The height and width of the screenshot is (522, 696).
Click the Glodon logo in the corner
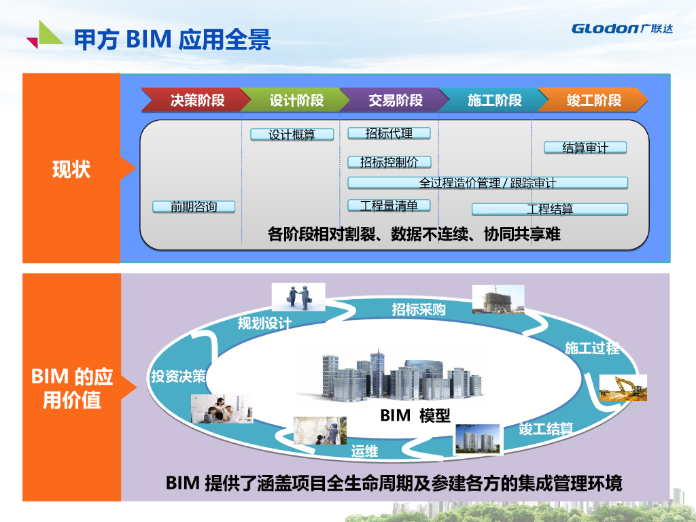[622, 29]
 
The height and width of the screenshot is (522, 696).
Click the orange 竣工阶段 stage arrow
[593, 101]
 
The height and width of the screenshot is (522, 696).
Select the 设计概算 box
[292, 135]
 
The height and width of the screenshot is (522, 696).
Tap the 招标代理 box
[389, 133]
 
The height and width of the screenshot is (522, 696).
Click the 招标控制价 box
[389, 162]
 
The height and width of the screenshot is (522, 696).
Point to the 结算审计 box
[585, 147]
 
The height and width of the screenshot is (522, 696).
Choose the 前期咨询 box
[194, 207]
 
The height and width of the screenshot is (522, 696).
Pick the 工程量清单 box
[389, 205]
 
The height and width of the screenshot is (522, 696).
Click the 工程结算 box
[550, 209]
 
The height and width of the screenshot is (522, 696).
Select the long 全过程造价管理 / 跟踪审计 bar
[487, 182]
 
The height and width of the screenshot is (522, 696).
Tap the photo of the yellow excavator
[623, 388]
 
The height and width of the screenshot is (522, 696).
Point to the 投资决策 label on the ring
[178, 376]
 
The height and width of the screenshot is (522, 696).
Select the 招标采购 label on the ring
[419, 310]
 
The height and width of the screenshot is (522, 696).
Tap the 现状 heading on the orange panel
[71, 169]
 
